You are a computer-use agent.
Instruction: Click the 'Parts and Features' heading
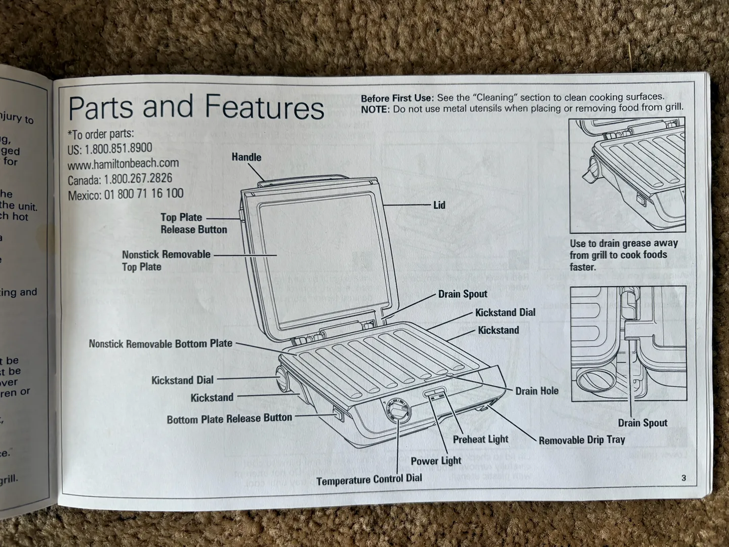click(196, 107)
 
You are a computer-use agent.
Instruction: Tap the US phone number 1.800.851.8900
click(118, 149)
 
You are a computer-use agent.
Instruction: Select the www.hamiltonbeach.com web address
click(123, 164)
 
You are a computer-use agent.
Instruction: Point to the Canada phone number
click(120, 179)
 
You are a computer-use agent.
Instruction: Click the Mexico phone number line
click(126, 194)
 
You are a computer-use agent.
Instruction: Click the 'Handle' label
click(247, 157)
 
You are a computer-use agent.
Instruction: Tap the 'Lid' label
click(439, 205)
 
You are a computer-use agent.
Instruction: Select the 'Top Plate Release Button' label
click(194, 223)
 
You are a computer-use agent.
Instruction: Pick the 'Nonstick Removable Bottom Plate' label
click(160, 344)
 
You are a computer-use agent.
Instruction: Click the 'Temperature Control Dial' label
click(369, 479)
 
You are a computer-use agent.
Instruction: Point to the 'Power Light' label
click(436, 460)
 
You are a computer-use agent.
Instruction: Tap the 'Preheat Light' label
click(480, 439)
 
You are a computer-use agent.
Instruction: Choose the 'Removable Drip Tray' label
click(582, 440)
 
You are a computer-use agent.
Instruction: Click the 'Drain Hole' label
click(537, 391)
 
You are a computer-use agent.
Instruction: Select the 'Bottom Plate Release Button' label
click(229, 418)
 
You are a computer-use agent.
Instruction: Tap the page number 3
click(683, 478)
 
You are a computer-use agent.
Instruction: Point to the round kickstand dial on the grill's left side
click(280, 380)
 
